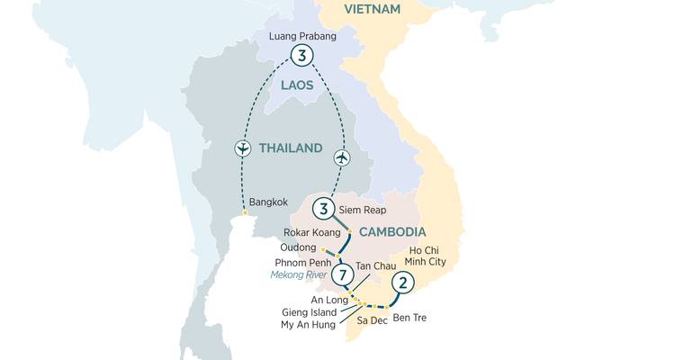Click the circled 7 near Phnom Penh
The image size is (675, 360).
(x=341, y=273)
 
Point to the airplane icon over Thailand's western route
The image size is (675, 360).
(x=241, y=148)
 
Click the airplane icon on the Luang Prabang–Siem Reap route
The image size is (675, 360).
(x=342, y=157)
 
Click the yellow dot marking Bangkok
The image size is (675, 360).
(x=244, y=213)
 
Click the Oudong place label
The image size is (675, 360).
(x=297, y=247)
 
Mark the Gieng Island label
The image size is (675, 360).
(x=309, y=311)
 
